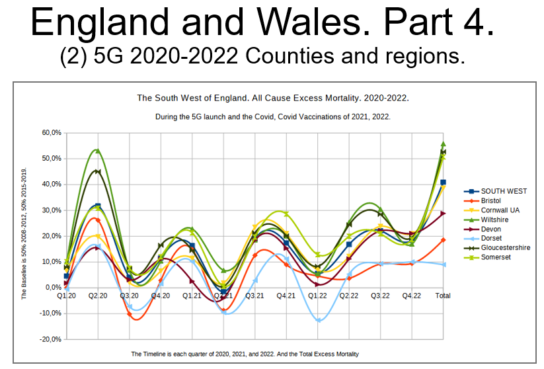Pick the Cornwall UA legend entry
tap(500, 210)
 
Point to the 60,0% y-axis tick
tap(52, 133)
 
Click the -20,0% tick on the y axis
tap(50, 339)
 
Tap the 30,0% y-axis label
tap(52, 210)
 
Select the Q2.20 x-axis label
tap(97, 296)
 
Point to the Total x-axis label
tap(442, 296)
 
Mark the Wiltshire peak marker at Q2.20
tap(97, 151)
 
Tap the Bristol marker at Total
tap(443, 240)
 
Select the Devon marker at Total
tap(443, 214)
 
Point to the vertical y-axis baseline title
tap(24, 233)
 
